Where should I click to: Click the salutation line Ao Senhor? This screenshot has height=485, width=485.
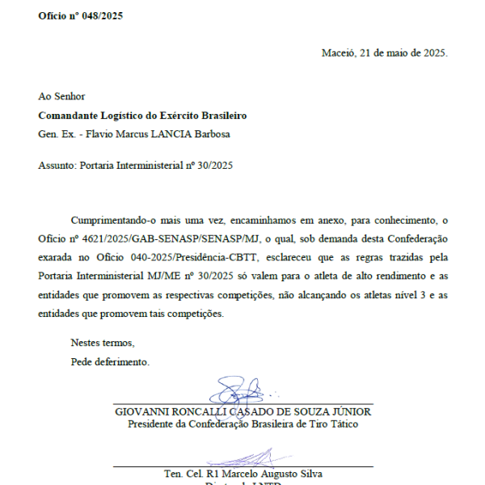[x=61, y=97]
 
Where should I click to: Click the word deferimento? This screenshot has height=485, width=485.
[x=121, y=361]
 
